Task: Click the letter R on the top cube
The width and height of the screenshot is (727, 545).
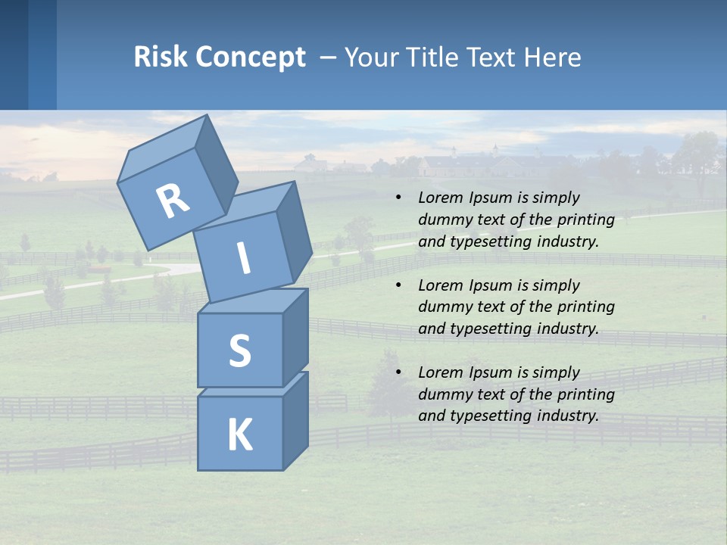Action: [x=173, y=202]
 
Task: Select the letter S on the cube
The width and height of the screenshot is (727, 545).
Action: [x=240, y=350]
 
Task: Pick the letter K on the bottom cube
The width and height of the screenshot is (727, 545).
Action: [x=240, y=435]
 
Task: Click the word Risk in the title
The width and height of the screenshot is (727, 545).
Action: [x=161, y=58]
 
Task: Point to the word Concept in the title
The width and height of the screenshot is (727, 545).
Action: [x=251, y=58]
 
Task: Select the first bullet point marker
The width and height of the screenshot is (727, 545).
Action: [x=398, y=198]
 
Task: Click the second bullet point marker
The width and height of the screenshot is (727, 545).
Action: [x=398, y=286]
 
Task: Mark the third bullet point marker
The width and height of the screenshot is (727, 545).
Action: [x=398, y=373]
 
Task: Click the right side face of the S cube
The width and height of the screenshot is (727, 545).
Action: [x=295, y=337]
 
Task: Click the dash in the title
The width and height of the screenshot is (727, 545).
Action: [x=329, y=58]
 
